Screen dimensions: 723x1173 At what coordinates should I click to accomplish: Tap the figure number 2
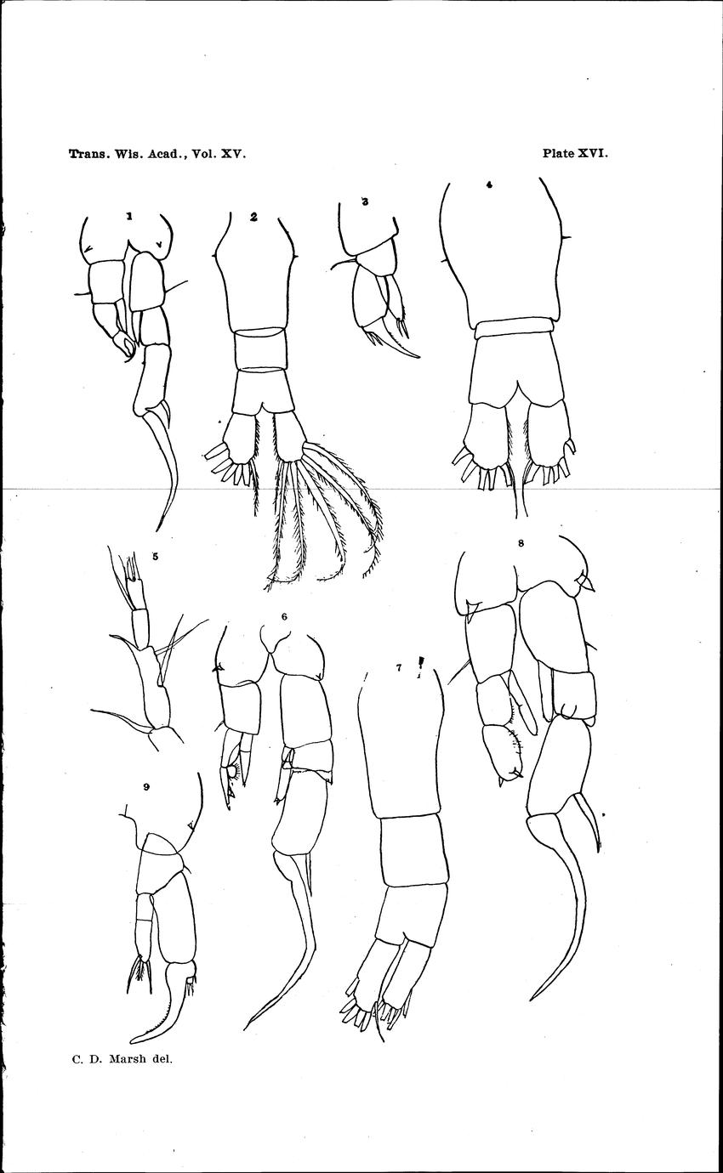(253, 216)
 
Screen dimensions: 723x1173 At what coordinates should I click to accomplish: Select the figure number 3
(365, 201)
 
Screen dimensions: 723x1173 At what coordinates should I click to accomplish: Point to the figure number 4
(489, 184)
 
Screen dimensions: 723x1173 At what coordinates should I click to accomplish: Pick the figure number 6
(284, 617)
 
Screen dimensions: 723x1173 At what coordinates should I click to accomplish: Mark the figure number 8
(521, 543)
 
